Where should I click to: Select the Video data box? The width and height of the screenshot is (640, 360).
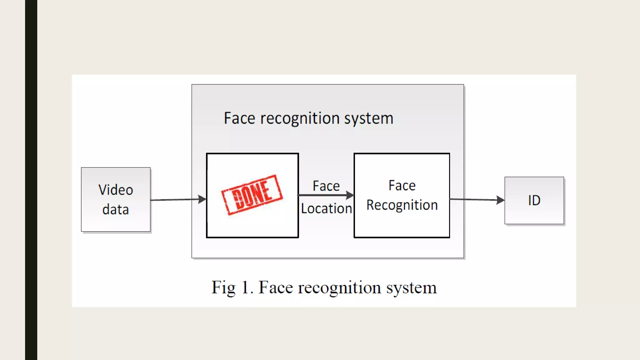pyautogui.click(x=116, y=199)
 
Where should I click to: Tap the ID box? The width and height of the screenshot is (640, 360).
pyautogui.click(x=534, y=200)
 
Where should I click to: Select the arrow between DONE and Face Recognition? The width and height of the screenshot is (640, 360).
pyautogui.click(x=326, y=195)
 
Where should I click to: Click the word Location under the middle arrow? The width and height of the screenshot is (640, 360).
pyautogui.click(x=326, y=209)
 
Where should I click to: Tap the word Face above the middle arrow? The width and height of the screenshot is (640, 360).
pyautogui.click(x=326, y=186)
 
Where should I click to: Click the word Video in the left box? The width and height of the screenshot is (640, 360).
pyautogui.click(x=116, y=190)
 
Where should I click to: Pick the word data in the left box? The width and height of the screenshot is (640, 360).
pyautogui.click(x=116, y=210)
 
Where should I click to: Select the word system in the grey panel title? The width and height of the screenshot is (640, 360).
pyautogui.click(x=368, y=118)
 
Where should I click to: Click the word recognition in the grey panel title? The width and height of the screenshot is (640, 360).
pyautogui.click(x=300, y=118)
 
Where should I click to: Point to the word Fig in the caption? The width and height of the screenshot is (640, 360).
pyautogui.click(x=223, y=288)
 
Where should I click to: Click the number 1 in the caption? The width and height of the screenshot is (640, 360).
pyautogui.click(x=245, y=287)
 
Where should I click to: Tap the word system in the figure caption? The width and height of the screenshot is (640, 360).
pyautogui.click(x=411, y=288)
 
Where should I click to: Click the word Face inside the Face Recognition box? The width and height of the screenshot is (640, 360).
pyautogui.click(x=402, y=186)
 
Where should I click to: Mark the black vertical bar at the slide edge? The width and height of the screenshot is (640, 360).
pyautogui.click(x=31, y=180)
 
